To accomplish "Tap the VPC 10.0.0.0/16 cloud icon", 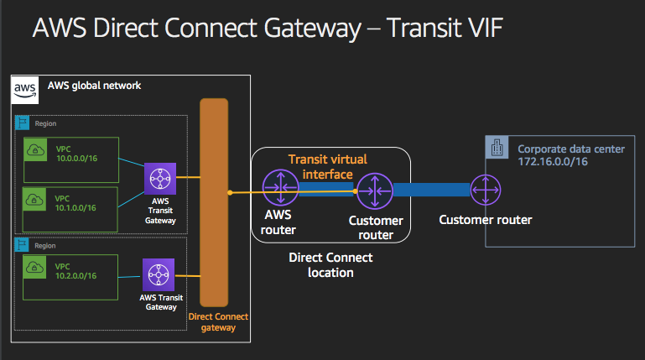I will [x=36, y=150].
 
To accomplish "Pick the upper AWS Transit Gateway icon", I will [x=159, y=179].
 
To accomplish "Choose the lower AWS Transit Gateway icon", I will [x=159, y=274].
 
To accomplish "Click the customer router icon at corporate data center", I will [x=485, y=190].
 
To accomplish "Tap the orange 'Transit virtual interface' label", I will [x=327, y=165].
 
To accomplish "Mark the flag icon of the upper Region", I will [x=22, y=123].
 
